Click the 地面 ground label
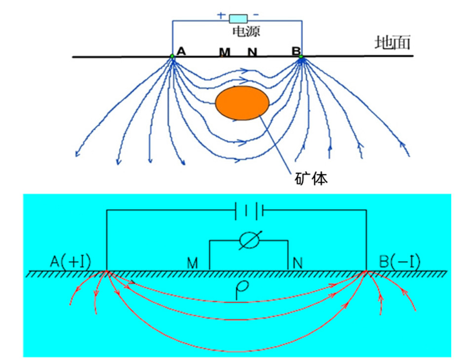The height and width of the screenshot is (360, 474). coord(393,43)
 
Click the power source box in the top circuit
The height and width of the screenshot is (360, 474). coord(237,19)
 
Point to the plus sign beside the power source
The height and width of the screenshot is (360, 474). coord(221,15)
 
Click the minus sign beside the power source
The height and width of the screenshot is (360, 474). coord(256,15)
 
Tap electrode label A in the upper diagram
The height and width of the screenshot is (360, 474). coord(181,51)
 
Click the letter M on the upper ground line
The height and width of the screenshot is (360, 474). coord(225,51)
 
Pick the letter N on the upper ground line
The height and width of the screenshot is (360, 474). coord(252,51)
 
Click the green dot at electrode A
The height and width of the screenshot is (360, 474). coord(172,57)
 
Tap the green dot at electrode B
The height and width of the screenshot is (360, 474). coord(300,57)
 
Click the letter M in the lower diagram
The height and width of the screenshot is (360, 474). coord(193,262)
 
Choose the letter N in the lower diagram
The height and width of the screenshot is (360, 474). coord(298,262)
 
